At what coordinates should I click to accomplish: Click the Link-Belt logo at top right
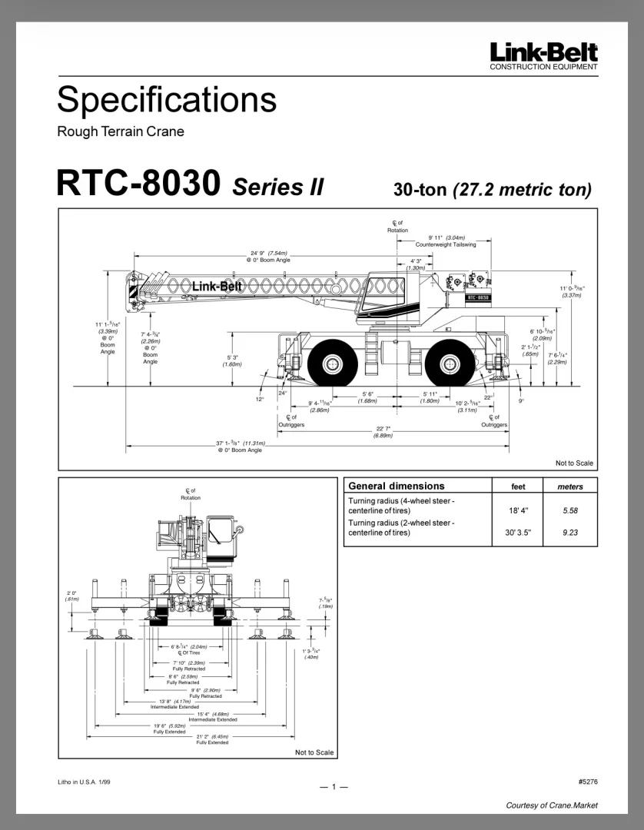[543, 52]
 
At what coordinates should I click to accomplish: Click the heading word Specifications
[167, 100]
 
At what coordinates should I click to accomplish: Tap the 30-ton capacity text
[420, 188]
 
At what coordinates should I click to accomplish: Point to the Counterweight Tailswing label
[446, 244]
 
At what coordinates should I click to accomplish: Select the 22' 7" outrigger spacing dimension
[383, 429]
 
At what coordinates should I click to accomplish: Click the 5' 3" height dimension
[232, 357]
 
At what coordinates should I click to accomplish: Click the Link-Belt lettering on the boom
[217, 287]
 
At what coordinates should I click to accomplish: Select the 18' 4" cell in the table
[518, 510]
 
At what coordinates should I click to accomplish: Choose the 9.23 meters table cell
[569, 531]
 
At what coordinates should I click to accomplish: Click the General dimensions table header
[396, 486]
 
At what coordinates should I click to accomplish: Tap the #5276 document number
[587, 782]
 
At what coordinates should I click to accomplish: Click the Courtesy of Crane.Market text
[551, 805]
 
